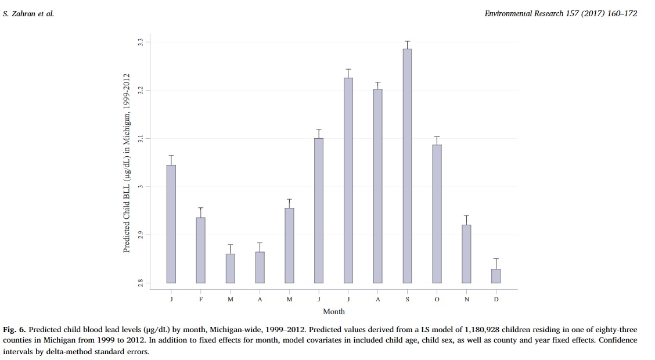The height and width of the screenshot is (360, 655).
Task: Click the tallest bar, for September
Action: pos(407,165)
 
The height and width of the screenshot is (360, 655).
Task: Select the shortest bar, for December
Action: pos(495,276)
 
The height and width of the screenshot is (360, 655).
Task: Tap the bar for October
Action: pos(437,213)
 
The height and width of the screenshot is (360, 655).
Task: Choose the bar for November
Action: pos(466,253)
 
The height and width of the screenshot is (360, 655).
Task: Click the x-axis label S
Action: pos(407,299)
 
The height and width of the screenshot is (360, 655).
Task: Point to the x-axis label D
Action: pos(496,299)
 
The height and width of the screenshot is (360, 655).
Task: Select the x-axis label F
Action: pos(201,299)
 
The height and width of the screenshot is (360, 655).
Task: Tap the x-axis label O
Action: pos(437,299)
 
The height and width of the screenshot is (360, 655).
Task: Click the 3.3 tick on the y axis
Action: pos(140,42)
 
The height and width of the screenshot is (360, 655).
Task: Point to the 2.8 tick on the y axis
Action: pos(140,283)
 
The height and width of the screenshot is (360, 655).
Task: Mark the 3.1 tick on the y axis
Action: pos(140,139)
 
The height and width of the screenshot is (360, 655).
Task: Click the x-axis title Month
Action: pos(333,312)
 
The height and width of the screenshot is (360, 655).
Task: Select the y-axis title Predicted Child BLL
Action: pos(126,163)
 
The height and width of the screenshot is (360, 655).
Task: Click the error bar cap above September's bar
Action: pos(407,41)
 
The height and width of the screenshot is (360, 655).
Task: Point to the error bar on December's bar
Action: pos(495,263)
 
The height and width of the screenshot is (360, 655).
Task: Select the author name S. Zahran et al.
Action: pos(28,13)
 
